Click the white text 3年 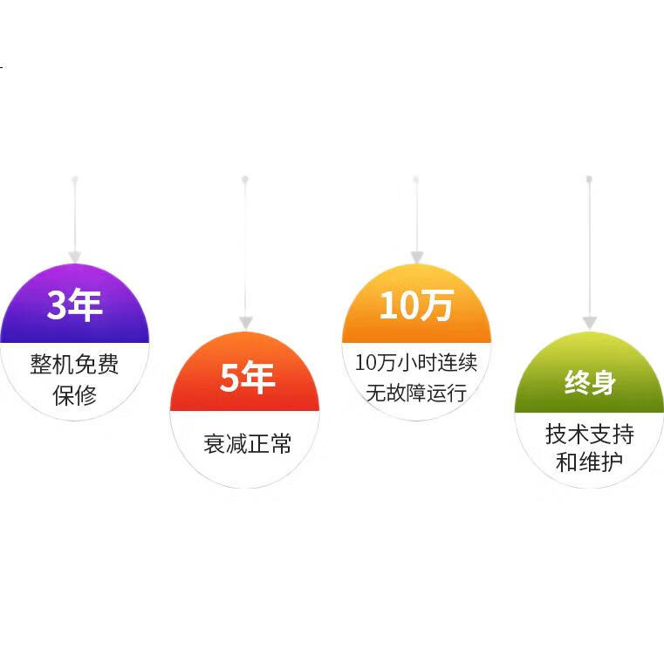click(x=74, y=305)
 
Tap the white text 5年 click(x=247, y=377)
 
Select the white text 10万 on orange click(x=417, y=305)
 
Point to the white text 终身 click(x=590, y=382)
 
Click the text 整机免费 click(x=74, y=364)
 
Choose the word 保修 click(x=74, y=395)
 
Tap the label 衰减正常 click(x=247, y=443)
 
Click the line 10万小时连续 click(x=416, y=362)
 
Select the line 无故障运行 click(x=416, y=393)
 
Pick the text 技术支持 click(x=590, y=434)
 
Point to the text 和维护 click(x=590, y=462)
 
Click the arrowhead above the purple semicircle click(x=75, y=257)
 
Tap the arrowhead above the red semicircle click(x=246, y=322)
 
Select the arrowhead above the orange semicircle click(x=417, y=257)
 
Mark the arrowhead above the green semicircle click(x=590, y=322)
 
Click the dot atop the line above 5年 click(x=245, y=179)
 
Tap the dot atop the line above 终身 click(x=589, y=179)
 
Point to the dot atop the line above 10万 click(x=416, y=179)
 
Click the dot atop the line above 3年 click(x=75, y=179)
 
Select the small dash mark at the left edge click(x=3, y=66)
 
